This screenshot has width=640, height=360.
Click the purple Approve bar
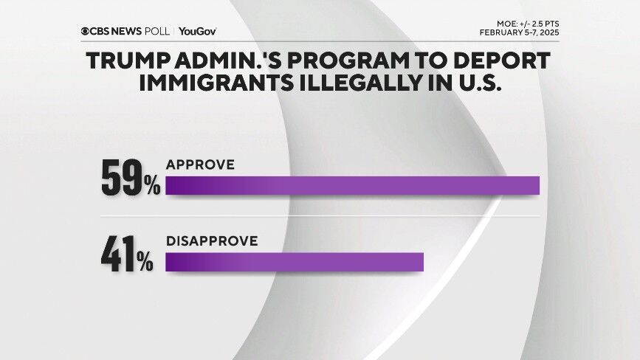coord(352,186)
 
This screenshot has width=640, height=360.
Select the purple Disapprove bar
coord(295,263)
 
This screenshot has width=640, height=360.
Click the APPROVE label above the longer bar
coord(200,165)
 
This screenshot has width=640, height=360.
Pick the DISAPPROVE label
coord(211,241)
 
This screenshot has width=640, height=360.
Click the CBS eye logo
coord(86,31)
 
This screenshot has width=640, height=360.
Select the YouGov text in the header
coord(197,31)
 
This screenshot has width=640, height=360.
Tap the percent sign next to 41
coord(145,263)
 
